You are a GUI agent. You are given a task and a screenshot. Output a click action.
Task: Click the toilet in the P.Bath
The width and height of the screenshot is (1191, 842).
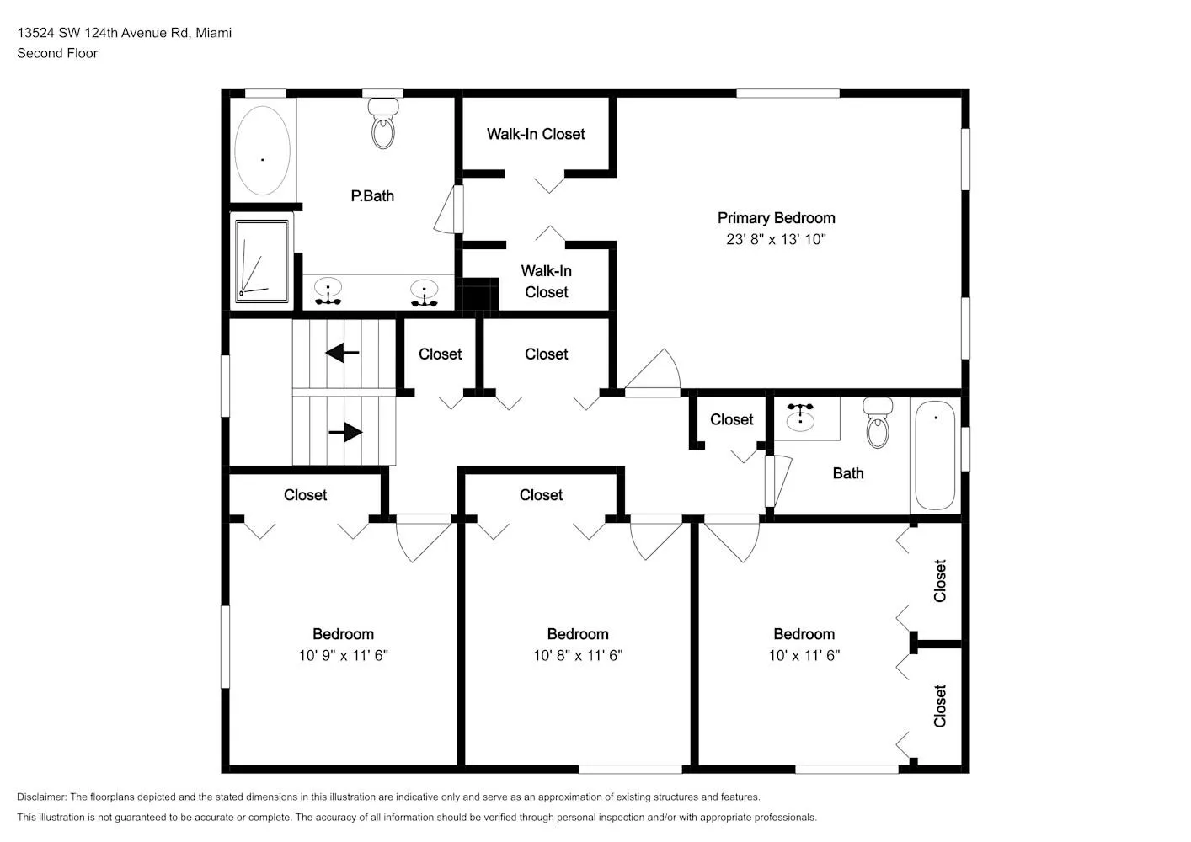point(382,123)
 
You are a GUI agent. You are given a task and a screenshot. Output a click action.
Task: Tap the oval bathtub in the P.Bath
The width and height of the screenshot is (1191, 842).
point(263,151)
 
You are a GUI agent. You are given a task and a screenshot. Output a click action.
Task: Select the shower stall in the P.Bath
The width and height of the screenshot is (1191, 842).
point(262,261)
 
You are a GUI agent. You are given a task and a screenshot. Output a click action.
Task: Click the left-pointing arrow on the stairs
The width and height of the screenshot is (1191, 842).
point(342,353)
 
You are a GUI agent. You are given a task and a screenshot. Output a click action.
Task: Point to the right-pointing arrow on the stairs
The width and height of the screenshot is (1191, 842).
point(345,432)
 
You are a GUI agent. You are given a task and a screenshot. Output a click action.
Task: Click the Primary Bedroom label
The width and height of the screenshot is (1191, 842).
point(777,218)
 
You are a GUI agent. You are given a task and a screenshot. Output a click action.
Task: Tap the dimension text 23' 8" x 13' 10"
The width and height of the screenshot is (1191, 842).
point(777,239)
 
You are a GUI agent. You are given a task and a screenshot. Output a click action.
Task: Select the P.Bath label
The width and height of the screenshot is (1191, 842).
point(372,196)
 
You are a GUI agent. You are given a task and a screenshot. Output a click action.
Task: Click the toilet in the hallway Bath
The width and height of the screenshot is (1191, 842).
point(878,423)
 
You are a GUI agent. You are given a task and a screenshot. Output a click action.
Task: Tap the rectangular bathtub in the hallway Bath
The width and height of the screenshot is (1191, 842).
point(935,456)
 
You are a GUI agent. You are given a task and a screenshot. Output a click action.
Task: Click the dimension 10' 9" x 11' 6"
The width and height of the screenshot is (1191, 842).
point(343,655)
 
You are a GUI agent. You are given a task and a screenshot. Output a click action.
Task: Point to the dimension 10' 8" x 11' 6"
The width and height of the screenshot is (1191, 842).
point(578,655)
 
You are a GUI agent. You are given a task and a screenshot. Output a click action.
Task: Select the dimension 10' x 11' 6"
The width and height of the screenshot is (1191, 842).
point(804,655)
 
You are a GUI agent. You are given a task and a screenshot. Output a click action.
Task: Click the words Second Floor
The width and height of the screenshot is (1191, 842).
point(57,53)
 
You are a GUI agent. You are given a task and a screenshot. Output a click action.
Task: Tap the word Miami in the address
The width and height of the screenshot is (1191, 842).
point(214,33)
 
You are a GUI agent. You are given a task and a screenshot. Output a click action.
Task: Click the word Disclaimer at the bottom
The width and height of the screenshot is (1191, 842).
point(42,797)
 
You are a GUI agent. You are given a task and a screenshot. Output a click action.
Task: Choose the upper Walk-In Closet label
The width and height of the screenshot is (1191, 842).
point(536,134)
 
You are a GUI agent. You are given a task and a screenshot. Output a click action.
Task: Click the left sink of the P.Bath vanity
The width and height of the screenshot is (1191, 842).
point(328,291)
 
